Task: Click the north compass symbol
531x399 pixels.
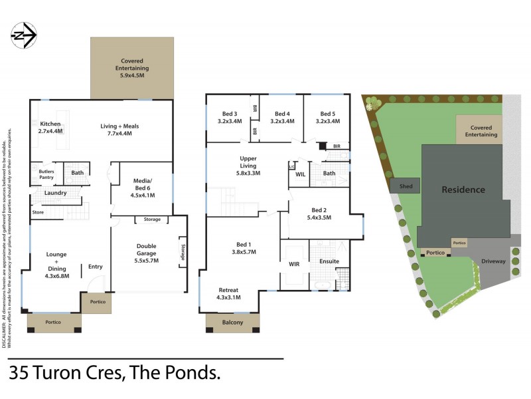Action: [x=24, y=36]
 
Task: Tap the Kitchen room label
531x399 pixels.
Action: [x=50, y=124]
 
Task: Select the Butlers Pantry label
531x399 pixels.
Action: [x=46, y=174]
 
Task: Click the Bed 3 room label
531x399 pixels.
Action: [x=228, y=114]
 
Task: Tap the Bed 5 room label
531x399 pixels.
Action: [x=328, y=114]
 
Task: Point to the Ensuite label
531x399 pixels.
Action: [x=329, y=261]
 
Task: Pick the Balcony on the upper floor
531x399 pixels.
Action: [x=232, y=323]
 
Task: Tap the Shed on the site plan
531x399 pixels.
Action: [x=406, y=187]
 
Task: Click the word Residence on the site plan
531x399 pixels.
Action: [x=463, y=190]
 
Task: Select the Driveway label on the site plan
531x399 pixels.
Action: [x=494, y=261]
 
